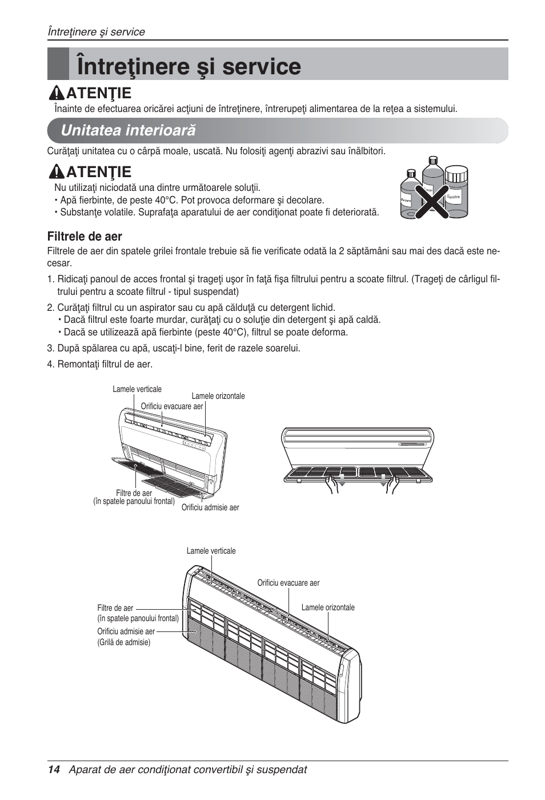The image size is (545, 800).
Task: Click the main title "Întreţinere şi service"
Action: (189, 66)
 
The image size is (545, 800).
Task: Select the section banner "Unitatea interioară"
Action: (128, 130)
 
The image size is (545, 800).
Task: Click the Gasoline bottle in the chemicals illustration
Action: (455, 193)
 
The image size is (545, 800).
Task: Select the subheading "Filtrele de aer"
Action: (85, 236)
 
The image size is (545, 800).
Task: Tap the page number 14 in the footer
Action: (53, 769)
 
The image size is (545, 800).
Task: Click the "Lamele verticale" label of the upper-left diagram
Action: (137, 389)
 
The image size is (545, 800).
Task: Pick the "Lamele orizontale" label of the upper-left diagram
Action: (218, 396)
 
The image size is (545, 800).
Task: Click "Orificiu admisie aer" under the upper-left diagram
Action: (210, 507)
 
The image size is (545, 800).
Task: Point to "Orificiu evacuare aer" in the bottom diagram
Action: (288, 583)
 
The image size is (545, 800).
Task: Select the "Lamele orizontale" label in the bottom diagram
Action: (328, 607)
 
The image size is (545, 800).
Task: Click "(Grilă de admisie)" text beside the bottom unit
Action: (124, 642)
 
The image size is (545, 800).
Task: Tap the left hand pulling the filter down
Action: (332, 485)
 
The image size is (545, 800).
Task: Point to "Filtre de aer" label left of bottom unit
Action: (115, 608)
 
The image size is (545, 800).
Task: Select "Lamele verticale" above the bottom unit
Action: (211, 551)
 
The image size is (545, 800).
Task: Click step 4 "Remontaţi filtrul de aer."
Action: (99, 364)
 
